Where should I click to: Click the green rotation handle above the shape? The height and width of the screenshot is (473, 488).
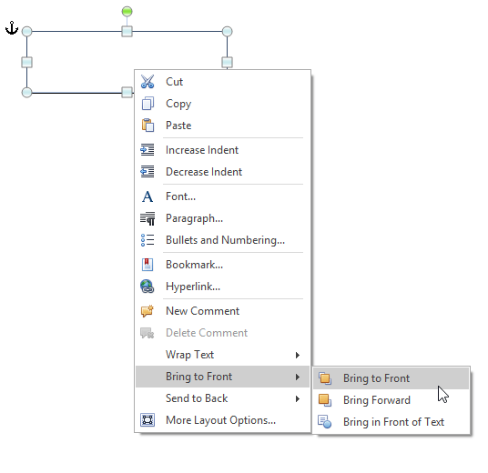127,12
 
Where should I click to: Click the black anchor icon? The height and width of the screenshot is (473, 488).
12,28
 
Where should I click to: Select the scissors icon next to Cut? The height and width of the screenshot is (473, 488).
147,82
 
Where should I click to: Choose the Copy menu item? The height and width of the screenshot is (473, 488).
178,104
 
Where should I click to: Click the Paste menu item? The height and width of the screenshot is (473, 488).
178,126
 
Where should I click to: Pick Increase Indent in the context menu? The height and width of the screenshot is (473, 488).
202,150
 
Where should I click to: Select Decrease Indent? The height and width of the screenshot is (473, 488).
204,172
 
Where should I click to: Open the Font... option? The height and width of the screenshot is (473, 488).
180,196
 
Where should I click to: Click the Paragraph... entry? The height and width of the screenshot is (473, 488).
194,218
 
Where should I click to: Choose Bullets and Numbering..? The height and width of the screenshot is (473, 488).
225,240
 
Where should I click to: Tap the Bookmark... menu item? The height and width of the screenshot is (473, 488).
194,265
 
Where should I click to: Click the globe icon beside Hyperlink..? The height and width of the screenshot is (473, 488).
147,287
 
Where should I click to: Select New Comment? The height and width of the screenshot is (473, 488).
203,311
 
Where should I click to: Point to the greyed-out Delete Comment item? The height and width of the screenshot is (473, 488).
207,333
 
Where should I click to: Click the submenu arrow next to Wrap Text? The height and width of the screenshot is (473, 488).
298,355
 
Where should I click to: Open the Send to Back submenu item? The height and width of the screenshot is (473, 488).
197,398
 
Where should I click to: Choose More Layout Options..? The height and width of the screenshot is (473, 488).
220,420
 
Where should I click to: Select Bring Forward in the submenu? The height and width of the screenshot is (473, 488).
377,400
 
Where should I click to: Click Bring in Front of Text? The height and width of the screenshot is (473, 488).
393,422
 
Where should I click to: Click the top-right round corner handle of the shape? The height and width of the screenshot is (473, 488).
228,32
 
